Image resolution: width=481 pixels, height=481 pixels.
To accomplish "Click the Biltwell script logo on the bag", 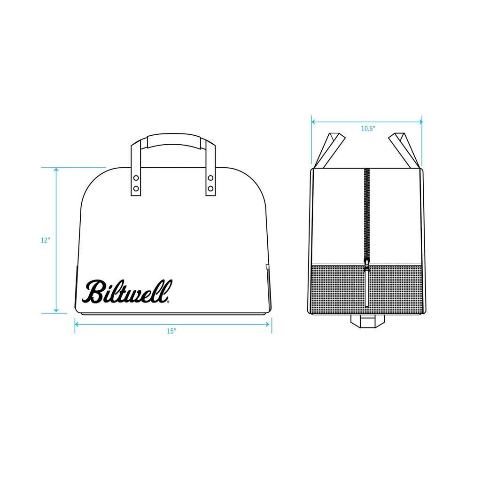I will pos(127,291).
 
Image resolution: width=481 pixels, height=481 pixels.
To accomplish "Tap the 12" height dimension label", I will pos(45,240).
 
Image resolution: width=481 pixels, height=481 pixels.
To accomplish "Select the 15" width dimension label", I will pos(171,331).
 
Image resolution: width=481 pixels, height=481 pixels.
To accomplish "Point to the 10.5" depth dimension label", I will pos(368,129).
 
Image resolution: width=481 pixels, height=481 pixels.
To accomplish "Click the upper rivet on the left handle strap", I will pos(136,178).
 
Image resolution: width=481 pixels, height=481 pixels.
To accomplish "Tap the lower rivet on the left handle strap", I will pos(136,188).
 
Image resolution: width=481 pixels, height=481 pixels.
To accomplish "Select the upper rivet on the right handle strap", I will pos(210,178).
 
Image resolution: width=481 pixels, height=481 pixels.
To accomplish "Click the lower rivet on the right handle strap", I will pos(210,188).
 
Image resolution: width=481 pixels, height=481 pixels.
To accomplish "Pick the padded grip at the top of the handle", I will pos(173,140).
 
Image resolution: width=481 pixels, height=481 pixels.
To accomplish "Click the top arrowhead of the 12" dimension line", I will pos(56,170).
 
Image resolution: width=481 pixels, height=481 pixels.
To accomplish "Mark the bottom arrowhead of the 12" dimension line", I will pos(56,310).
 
